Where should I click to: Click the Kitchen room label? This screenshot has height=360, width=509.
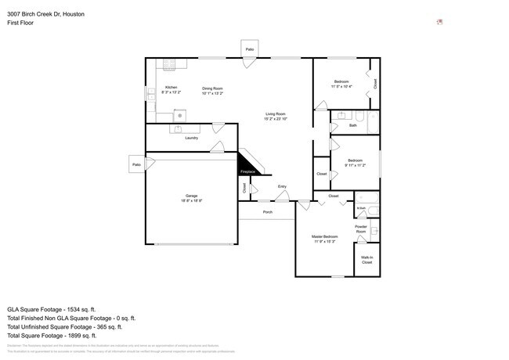coord(171,87)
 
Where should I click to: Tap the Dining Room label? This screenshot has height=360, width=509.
coord(212,88)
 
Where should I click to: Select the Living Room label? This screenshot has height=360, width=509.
coord(275,114)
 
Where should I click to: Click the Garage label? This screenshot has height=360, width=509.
coord(191,196)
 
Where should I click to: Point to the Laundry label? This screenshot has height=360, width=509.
coord(191,139)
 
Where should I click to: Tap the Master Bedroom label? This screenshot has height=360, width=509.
coord(325,236)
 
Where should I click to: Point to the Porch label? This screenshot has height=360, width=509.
coord(268,211)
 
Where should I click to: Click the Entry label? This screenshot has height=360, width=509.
coord(282,186)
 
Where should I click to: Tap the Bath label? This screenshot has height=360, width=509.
coord(353,125)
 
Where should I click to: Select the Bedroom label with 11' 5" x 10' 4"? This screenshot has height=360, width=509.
coord(342,81)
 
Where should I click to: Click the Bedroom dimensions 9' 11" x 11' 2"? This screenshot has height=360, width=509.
coord(356,166)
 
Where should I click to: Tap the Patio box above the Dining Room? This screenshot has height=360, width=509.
coord(250,49)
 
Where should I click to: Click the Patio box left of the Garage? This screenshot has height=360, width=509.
coord(136,164)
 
